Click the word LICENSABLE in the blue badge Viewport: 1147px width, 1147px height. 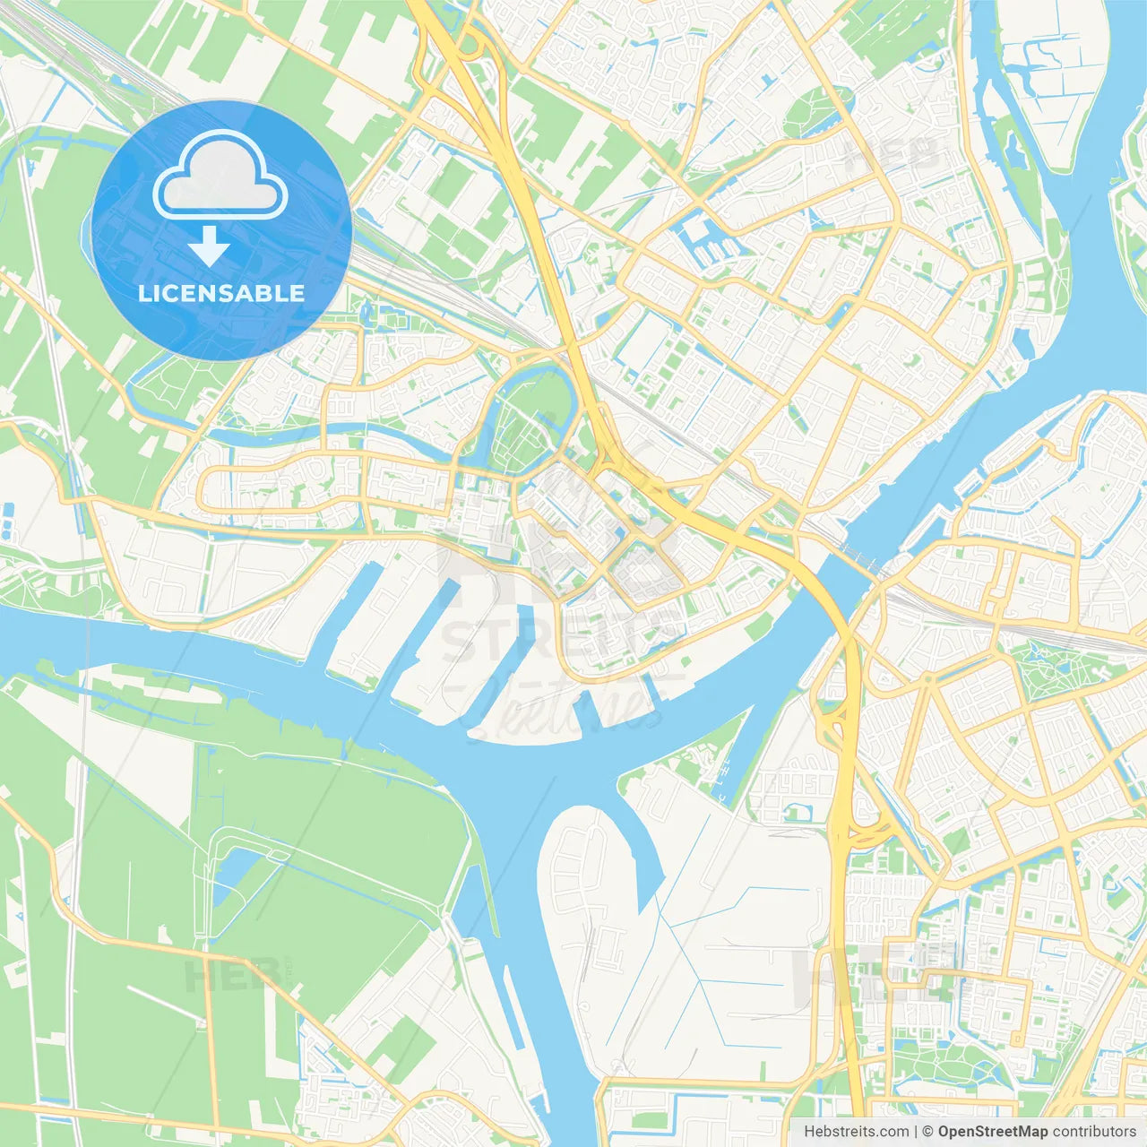221,293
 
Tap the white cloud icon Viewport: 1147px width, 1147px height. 220,176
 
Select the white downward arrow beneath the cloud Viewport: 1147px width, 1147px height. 209,246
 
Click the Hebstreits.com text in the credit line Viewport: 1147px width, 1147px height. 856,1132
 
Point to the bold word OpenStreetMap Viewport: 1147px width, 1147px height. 993,1132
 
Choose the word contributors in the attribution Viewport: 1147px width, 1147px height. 1094,1132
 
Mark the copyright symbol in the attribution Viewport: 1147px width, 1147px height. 927,1132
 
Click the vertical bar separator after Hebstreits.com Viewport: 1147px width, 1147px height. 915,1132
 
